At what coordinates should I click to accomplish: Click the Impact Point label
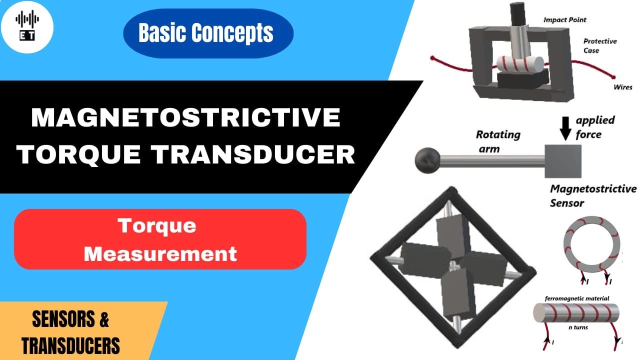pyautogui.click(x=564, y=20)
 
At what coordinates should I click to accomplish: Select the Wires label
pyautogui.click(x=622, y=87)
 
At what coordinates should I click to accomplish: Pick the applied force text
pyautogui.click(x=595, y=127)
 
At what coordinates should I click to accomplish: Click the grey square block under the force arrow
pyautogui.click(x=563, y=161)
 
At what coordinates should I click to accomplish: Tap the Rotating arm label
pyautogui.click(x=497, y=140)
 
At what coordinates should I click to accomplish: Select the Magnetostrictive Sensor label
pyautogui.click(x=592, y=196)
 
